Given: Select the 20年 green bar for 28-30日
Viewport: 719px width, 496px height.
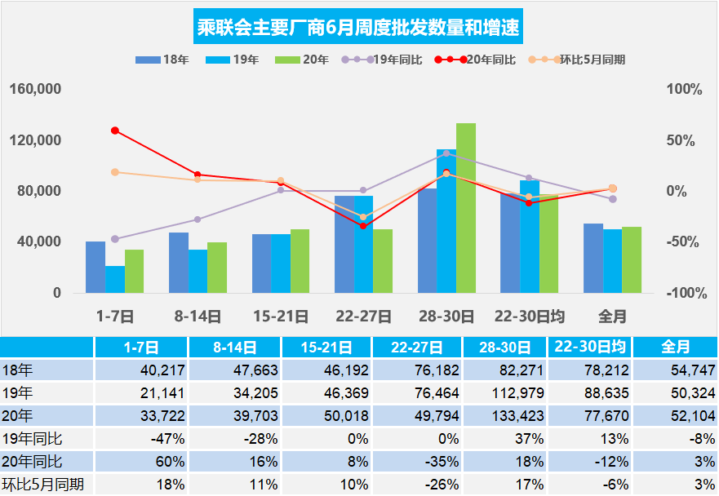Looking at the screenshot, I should click(466, 208).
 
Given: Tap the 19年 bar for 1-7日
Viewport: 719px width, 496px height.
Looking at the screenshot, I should click(115, 279).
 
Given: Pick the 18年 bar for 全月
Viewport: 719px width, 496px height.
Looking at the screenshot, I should click(593, 258).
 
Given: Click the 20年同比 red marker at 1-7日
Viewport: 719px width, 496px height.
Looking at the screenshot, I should click(115, 131).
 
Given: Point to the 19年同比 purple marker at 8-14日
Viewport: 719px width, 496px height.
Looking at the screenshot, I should click(198, 219).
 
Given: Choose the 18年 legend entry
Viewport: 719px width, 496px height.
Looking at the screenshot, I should click(163, 60).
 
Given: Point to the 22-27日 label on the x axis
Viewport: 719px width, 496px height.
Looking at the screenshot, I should click(363, 316).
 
